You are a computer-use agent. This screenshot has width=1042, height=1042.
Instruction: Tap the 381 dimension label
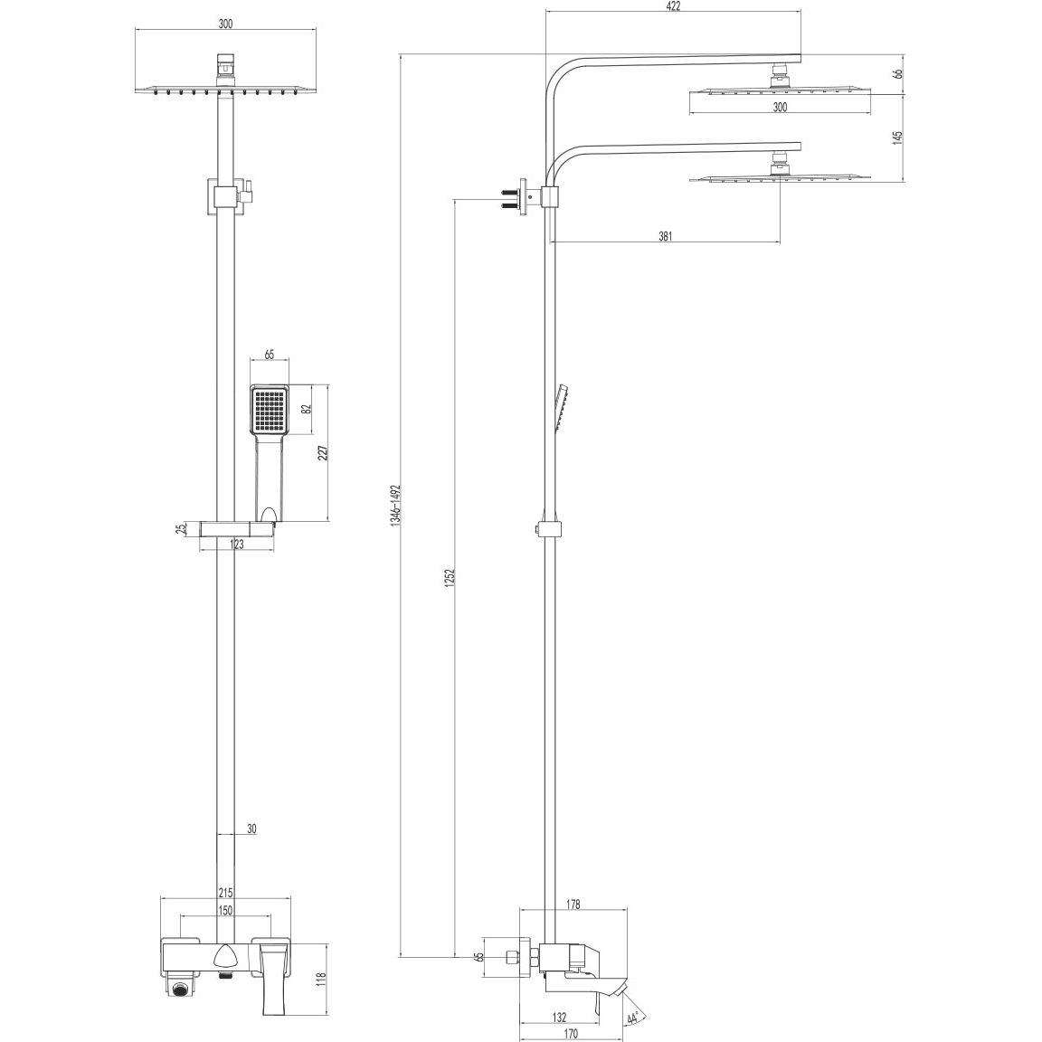[665, 236]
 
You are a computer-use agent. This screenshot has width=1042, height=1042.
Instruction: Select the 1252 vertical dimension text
[449, 580]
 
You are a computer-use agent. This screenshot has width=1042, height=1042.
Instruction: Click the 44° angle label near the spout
[632, 1018]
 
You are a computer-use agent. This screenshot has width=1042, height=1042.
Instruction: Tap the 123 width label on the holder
[237, 545]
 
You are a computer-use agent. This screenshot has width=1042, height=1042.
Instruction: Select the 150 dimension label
[225, 909]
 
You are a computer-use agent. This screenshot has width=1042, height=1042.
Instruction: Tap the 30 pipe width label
[251, 828]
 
